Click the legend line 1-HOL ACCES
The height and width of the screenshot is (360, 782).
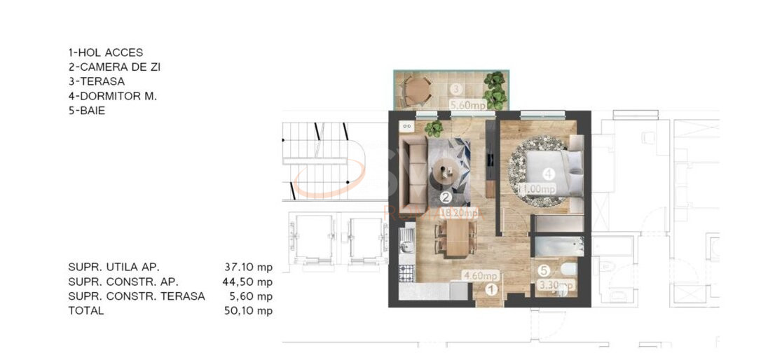point(105,53)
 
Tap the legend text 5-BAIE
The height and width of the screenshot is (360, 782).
point(87,111)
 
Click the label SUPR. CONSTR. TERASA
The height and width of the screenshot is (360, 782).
point(137,296)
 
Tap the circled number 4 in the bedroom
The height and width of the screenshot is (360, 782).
point(549,173)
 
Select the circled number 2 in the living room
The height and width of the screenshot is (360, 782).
point(446,198)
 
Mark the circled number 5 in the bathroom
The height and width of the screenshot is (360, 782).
point(544,268)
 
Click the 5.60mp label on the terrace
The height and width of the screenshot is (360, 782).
point(467,106)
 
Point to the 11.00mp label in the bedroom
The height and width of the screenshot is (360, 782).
point(536,189)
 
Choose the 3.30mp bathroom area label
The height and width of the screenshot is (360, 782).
point(555,286)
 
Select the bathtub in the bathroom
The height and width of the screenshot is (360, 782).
point(558,247)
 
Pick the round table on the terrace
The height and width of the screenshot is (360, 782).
point(418,88)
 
